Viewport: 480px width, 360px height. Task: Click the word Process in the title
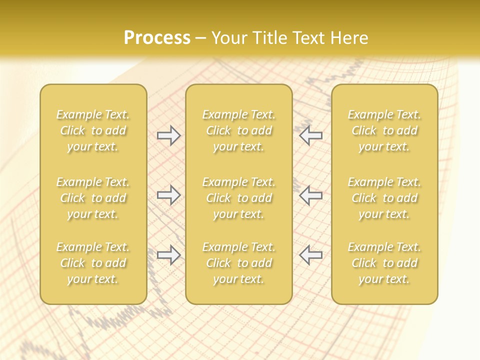click(157, 38)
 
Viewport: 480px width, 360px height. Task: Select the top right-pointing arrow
click(169, 135)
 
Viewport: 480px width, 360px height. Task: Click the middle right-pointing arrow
click(169, 195)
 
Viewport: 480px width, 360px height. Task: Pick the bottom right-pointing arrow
click(169, 255)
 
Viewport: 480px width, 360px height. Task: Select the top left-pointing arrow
click(311, 135)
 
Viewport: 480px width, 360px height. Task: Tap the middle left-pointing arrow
click(311, 195)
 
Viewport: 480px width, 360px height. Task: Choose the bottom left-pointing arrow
click(311, 255)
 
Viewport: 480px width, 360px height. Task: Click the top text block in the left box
click(93, 130)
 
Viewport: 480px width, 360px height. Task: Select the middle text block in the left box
click(93, 198)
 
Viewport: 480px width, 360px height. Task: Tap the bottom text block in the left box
click(93, 263)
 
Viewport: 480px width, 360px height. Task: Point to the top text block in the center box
click(239, 130)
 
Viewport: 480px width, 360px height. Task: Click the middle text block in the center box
click(239, 198)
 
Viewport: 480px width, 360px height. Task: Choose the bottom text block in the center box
click(239, 263)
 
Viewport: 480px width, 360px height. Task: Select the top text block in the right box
click(384, 130)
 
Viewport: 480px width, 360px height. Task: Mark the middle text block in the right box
click(384, 198)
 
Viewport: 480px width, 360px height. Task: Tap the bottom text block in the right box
click(384, 263)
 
